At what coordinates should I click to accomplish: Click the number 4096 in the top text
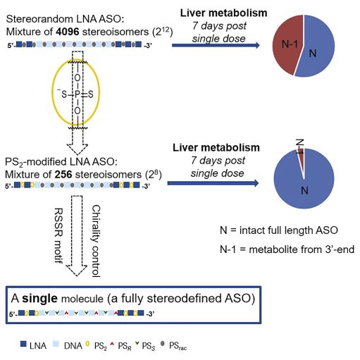click(x=67, y=32)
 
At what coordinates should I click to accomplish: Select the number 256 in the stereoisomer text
click(x=63, y=175)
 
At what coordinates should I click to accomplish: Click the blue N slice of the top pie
click(x=316, y=47)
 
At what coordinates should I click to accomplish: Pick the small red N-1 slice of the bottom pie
click(x=302, y=160)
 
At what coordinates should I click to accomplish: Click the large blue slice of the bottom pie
click(x=304, y=183)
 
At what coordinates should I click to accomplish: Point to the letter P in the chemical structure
click(x=77, y=94)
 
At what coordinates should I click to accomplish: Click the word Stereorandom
click(x=37, y=19)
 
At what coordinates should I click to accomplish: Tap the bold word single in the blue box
click(x=39, y=298)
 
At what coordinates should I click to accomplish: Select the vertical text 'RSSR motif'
click(x=58, y=235)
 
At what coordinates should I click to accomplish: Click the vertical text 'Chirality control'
click(x=96, y=241)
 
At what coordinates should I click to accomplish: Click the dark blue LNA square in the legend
click(x=23, y=344)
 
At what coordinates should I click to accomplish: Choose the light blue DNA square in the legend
click(x=56, y=344)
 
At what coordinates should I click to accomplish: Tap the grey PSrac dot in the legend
click(x=162, y=344)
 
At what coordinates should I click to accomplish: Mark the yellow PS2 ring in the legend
click(x=87, y=344)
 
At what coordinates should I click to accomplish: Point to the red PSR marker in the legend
click(x=112, y=344)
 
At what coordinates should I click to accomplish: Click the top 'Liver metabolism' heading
click(x=223, y=13)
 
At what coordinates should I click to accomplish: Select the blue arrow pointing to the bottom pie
click(x=213, y=183)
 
